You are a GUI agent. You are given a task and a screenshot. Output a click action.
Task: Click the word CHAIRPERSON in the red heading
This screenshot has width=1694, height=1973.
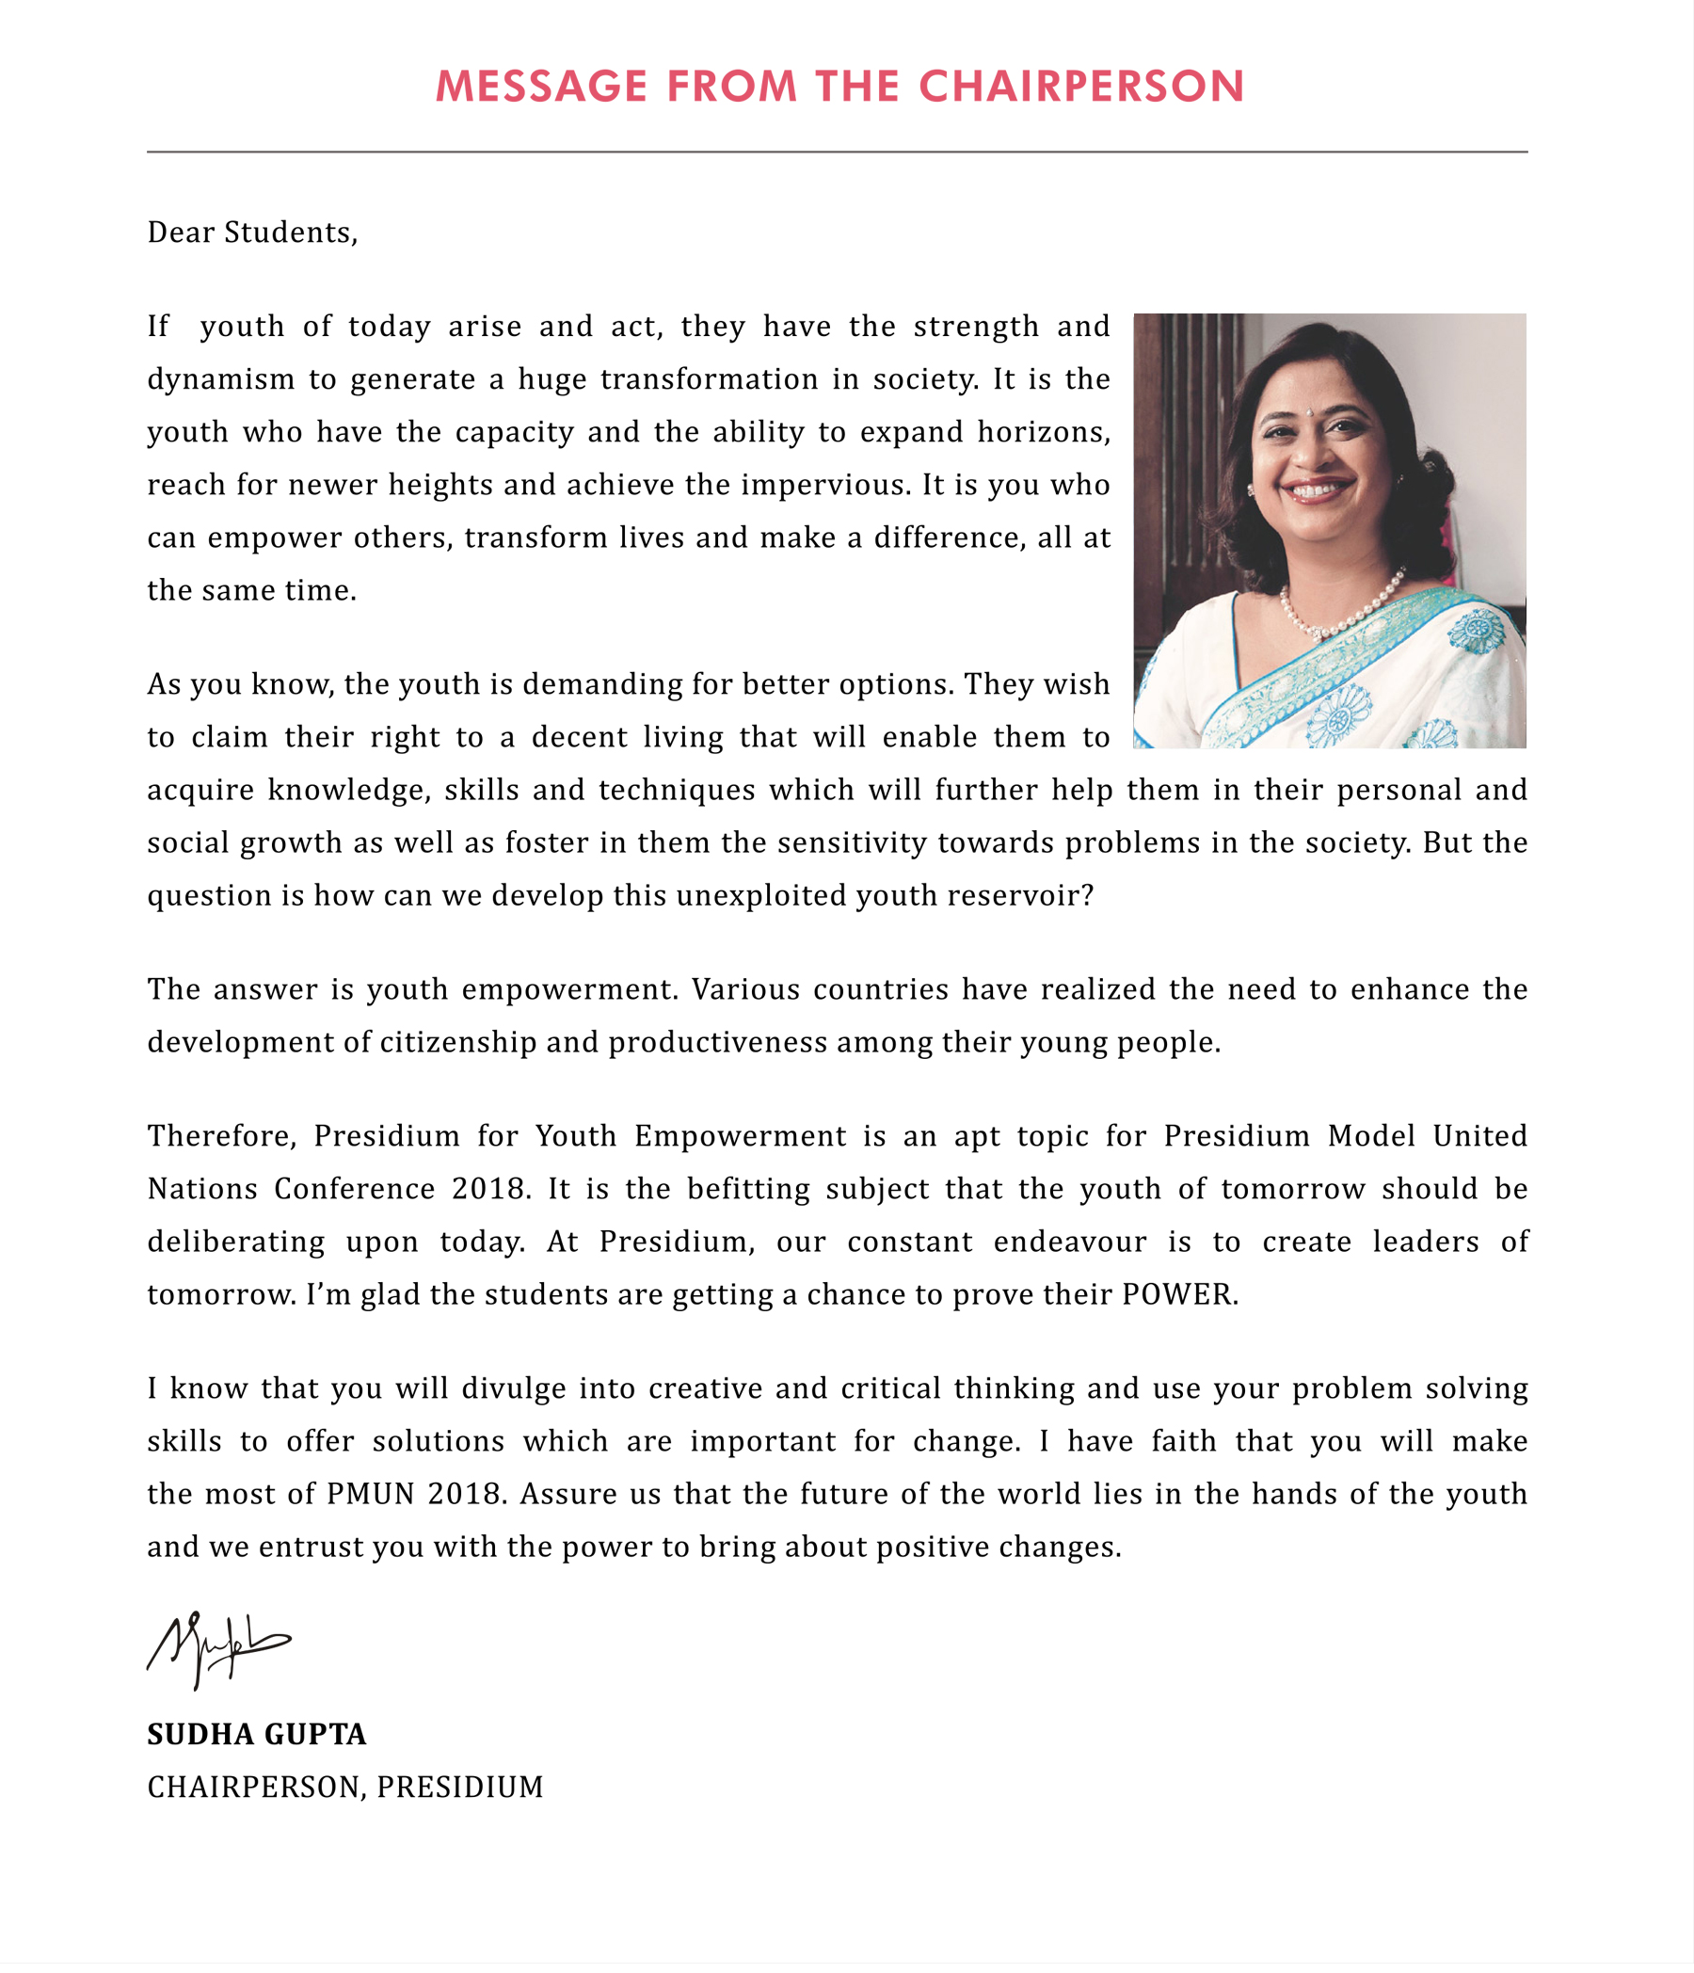click(1081, 87)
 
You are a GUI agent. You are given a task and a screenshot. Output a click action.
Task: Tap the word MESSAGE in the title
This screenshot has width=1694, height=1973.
click(541, 87)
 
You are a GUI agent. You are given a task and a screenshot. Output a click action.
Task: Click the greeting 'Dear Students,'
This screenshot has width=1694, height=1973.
click(252, 233)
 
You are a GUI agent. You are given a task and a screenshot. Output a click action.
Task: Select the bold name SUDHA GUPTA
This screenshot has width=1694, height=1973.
click(256, 1734)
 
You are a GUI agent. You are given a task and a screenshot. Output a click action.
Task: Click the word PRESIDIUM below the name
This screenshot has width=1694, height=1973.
click(460, 1788)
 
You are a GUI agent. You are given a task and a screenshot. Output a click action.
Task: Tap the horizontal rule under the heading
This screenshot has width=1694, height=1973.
click(836, 152)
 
